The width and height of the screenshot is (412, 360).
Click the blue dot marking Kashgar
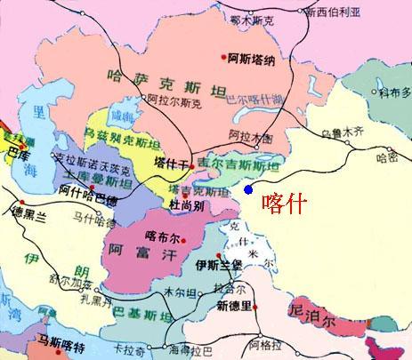click(248, 189)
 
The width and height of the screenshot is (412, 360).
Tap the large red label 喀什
click(286, 202)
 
